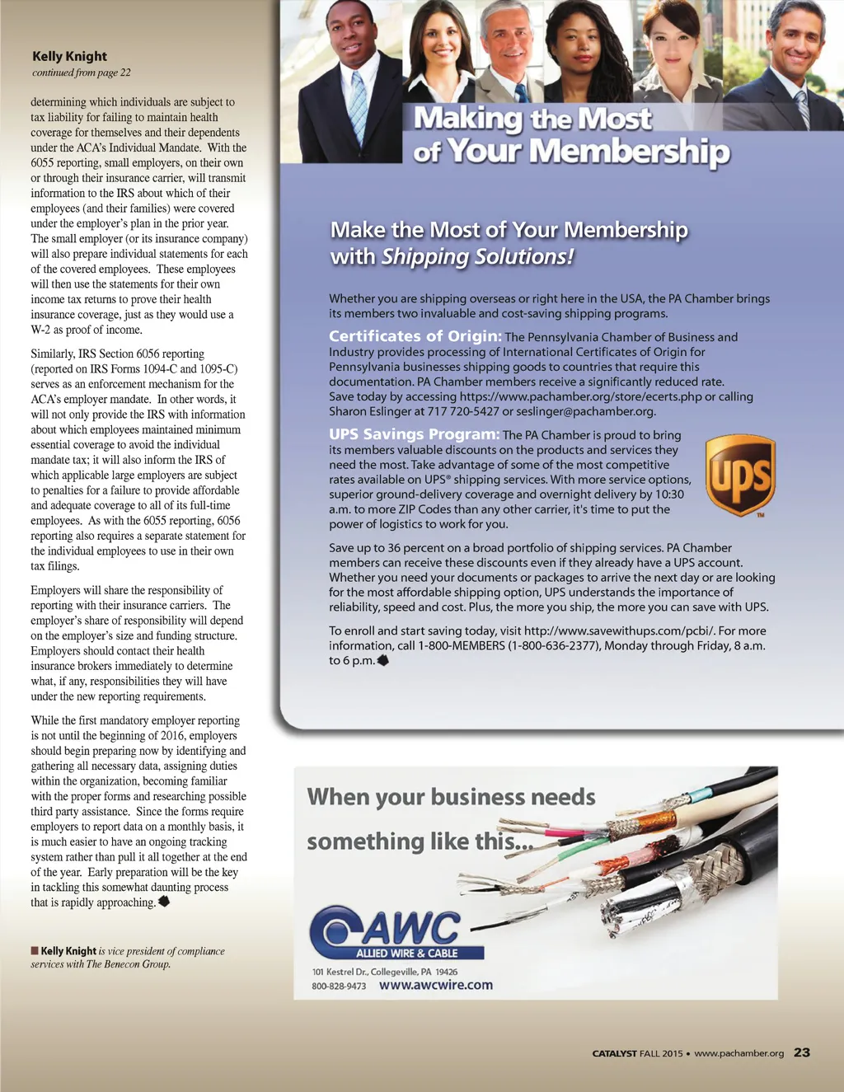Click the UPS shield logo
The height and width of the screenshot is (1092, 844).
(x=740, y=476)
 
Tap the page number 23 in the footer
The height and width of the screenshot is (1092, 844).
(x=801, y=1052)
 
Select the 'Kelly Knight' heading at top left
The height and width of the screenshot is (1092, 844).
(x=69, y=56)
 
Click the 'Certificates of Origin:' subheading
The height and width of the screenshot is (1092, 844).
(x=415, y=336)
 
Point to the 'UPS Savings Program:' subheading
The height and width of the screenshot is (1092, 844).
(x=414, y=434)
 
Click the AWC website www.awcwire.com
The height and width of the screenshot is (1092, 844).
(x=435, y=985)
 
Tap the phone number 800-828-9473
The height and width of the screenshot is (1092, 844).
(x=339, y=986)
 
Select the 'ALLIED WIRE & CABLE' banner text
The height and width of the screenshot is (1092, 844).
(x=406, y=953)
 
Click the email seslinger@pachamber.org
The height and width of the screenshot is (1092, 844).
(x=585, y=411)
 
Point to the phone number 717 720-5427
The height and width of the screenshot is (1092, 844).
(x=463, y=411)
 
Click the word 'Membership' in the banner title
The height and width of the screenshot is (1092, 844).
(x=630, y=152)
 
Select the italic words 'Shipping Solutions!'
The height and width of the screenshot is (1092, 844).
(x=476, y=256)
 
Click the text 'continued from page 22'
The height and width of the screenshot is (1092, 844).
(x=81, y=73)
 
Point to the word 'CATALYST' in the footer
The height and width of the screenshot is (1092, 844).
(x=614, y=1053)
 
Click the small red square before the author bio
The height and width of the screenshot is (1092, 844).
(x=35, y=950)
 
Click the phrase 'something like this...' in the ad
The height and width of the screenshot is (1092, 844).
(x=420, y=841)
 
